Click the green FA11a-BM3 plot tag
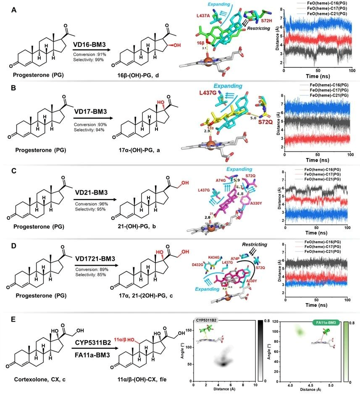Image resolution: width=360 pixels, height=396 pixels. [x=325, y=323]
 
